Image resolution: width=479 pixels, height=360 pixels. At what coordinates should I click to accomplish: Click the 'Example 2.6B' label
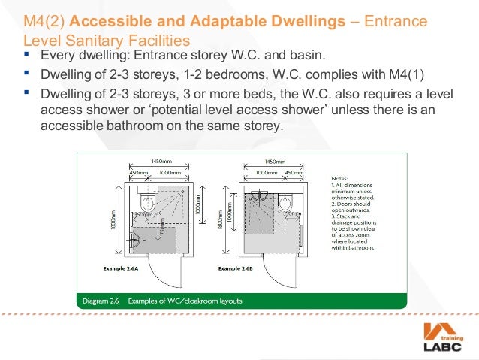pos(239,267)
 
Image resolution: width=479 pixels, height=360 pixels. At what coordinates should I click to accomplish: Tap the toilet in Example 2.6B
pos(286,202)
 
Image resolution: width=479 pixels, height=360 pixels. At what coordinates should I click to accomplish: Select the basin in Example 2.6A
pos(137,241)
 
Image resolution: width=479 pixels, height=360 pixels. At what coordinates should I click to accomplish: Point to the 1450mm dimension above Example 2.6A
pos(161,161)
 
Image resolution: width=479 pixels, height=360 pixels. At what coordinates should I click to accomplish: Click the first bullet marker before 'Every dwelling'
pos(28,56)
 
